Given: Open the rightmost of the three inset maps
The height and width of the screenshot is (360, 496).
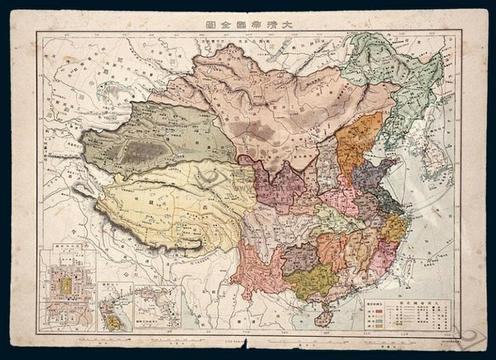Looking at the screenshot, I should click(x=157, y=306).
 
